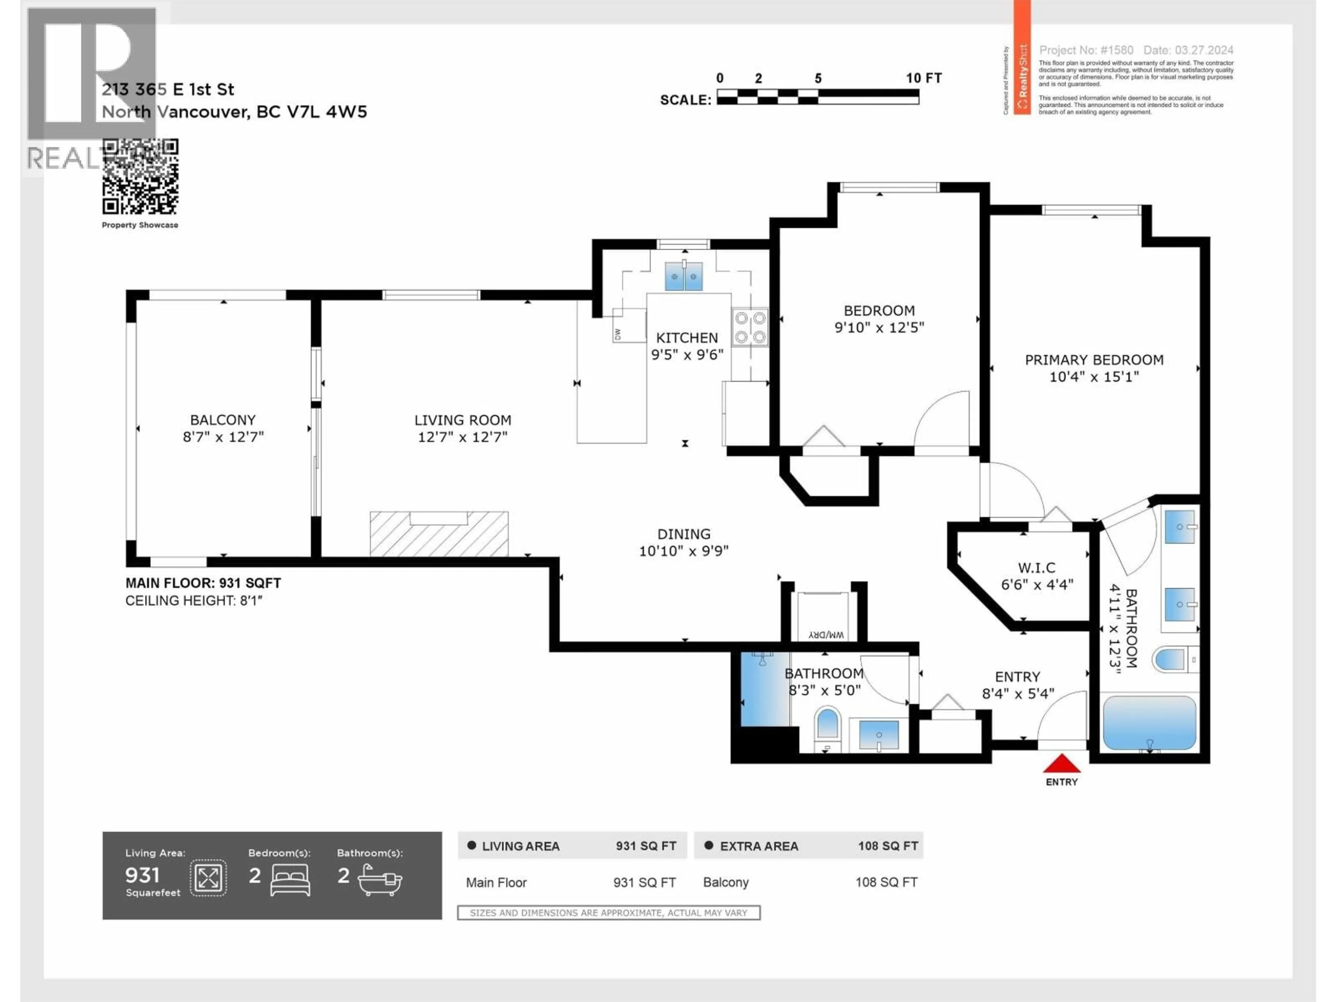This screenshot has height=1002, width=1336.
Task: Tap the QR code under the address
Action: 140,176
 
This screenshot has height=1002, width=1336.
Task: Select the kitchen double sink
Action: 684,277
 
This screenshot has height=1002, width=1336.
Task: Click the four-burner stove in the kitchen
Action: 750,327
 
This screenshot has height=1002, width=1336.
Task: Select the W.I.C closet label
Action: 1036,568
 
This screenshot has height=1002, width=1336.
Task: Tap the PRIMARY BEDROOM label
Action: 1094,360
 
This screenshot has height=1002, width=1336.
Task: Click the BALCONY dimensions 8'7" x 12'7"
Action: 223,437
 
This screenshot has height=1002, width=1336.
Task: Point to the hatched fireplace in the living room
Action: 439,534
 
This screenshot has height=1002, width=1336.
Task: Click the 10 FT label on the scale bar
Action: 923,78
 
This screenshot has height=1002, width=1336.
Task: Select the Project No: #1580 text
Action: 1085,50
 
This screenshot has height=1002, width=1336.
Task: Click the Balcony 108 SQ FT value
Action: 886,882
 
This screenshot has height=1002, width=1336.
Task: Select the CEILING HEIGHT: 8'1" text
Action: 194,601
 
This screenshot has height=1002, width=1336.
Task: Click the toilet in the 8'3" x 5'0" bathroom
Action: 827,726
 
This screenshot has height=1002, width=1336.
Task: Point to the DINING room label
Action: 684,534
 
